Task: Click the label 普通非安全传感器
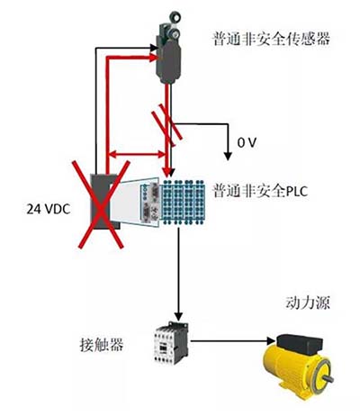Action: [x=272, y=39]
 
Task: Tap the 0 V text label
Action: [x=247, y=143]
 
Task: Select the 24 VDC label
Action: [x=49, y=209]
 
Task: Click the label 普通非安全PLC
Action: [x=260, y=191]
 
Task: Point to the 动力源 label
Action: [x=308, y=303]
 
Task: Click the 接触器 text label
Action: [x=102, y=345]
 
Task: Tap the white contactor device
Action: [x=171, y=343]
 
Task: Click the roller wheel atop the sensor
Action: [x=175, y=15]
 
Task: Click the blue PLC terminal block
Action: [x=184, y=202]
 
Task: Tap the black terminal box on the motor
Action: [x=300, y=345]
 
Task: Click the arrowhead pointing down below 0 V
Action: [x=228, y=156]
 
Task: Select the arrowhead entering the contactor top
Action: [x=178, y=316]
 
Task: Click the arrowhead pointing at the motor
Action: [x=271, y=341]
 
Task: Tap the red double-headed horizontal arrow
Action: [x=137, y=155]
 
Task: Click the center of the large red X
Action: [x=101, y=205]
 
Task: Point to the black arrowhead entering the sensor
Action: [x=154, y=48]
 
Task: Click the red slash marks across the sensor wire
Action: [x=166, y=124]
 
